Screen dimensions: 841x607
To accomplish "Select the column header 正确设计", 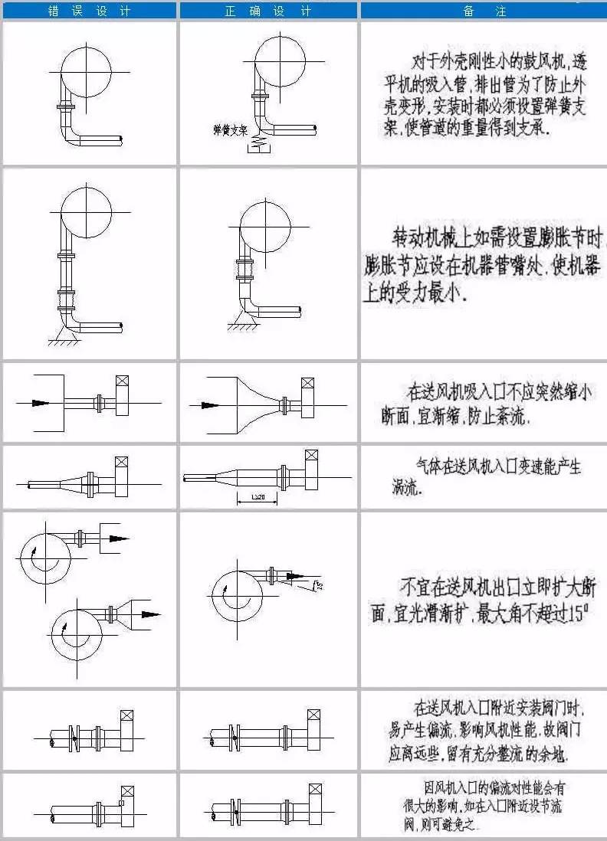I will (x=268, y=10).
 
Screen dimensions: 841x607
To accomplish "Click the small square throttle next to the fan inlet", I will (x=120, y=803).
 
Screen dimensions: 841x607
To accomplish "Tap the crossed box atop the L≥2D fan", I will (x=313, y=458).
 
